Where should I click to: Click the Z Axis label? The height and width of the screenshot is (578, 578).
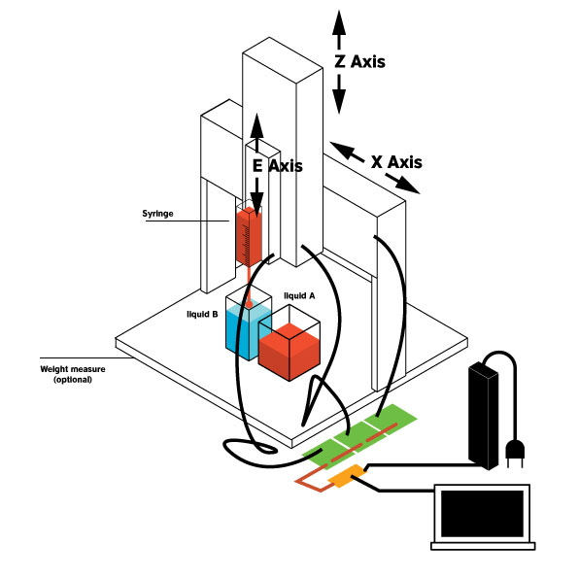[x=360, y=61]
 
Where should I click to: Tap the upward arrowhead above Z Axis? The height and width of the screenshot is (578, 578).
[x=339, y=23]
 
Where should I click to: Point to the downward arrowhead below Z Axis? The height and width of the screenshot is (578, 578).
[x=339, y=101]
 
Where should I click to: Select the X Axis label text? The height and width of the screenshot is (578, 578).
[x=396, y=162]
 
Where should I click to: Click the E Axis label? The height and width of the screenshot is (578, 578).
[x=277, y=166]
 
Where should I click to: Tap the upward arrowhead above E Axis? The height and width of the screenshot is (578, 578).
[x=256, y=125]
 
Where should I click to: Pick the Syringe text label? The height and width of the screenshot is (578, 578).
[x=157, y=214]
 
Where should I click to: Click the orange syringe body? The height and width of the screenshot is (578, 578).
[x=250, y=237]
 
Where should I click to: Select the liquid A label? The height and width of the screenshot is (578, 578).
[x=299, y=295]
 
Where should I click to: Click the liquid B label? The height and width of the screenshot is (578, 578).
[x=202, y=314]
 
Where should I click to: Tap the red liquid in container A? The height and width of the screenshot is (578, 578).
[x=289, y=352]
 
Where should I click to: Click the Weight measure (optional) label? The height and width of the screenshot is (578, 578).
[x=73, y=374]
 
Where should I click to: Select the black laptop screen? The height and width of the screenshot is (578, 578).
[x=482, y=514]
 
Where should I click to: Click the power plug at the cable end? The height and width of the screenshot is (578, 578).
[x=515, y=452]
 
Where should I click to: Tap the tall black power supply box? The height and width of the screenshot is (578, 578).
[x=483, y=416]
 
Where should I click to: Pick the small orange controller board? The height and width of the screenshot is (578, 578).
[x=347, y=476]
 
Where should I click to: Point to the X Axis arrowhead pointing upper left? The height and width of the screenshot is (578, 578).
[x=342, y=149]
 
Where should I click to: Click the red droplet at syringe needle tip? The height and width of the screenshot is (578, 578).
[x=250, y=304]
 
